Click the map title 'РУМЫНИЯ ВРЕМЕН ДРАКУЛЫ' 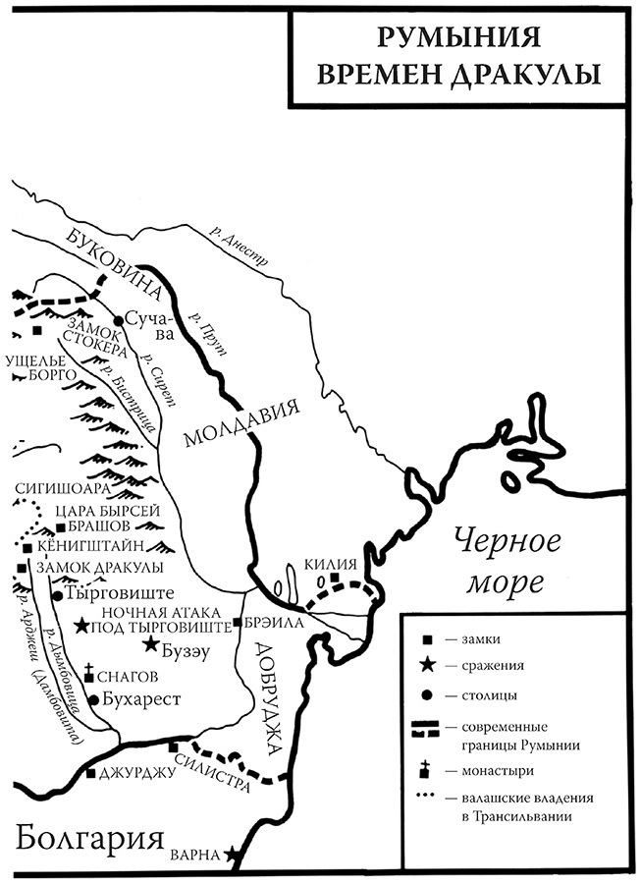(460, 57)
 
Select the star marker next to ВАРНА (233, 856)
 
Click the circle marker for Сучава (118, 320)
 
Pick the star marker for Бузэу (150, 644)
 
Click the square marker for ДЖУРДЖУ (90, 773)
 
